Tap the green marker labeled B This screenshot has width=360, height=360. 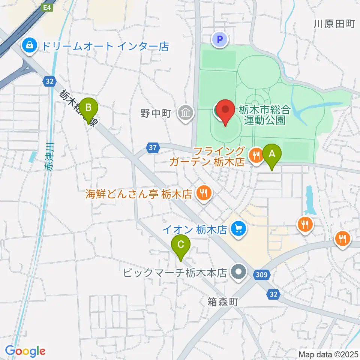[88, 108]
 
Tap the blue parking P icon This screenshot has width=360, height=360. [220, 39]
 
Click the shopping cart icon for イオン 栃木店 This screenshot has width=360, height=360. [237, 228]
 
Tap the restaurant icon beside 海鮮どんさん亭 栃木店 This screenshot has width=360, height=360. [204, 193]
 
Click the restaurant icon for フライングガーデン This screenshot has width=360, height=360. [256, 154]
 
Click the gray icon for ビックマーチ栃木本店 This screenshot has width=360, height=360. [237, 271]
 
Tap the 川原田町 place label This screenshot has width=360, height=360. [334, 24]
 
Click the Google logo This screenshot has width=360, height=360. [25, 351]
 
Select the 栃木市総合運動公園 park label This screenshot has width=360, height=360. [264, 115]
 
